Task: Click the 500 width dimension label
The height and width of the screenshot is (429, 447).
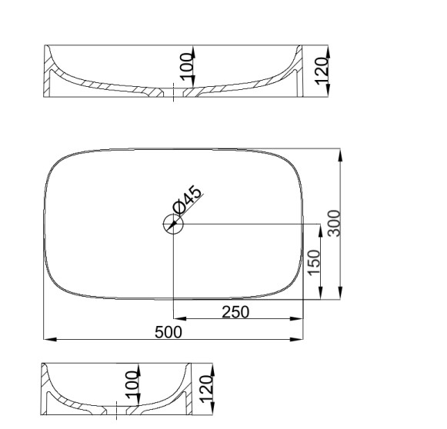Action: click(168, 332)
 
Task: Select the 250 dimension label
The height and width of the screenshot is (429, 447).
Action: click(235, 312)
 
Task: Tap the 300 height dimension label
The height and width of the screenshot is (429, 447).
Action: click(334, 223)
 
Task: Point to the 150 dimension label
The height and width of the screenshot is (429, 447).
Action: click(314, 263)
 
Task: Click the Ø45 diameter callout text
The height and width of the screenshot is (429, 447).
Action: click(188, 200)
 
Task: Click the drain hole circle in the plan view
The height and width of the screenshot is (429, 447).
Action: click(173, 224)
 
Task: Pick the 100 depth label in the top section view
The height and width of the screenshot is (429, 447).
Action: click(187, 66)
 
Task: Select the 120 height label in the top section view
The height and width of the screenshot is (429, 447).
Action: click(322, 71)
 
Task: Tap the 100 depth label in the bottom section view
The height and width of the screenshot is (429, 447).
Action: click(132, 384)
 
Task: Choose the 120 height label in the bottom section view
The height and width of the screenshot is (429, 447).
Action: click(206, 389)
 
